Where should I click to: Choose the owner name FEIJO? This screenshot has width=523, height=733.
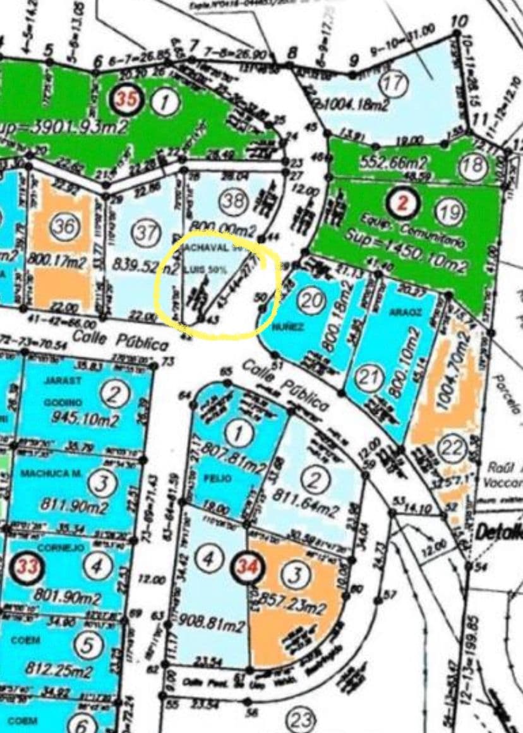tap(215, 479)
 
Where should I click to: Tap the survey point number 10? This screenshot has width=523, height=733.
tap(459, 21)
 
